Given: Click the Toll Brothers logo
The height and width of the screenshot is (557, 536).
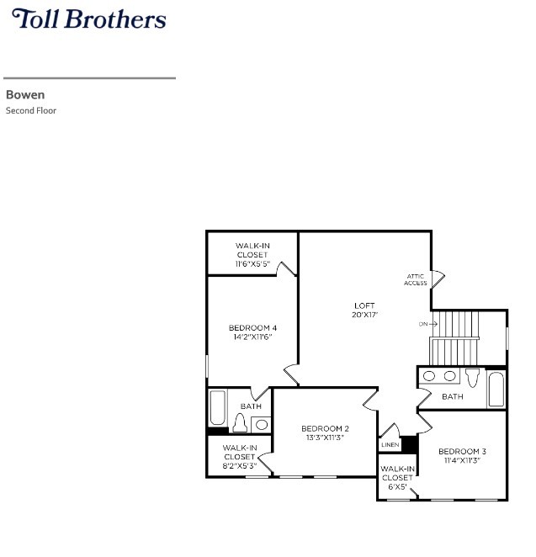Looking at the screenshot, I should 88,19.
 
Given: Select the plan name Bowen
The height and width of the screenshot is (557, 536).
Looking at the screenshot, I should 25,95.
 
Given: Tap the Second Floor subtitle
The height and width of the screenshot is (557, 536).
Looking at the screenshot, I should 31,110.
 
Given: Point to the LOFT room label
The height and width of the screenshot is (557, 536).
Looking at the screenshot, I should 364,305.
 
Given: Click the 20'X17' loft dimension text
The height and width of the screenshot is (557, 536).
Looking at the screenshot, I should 364,315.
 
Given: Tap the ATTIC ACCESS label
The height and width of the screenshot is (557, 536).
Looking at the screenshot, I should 416,279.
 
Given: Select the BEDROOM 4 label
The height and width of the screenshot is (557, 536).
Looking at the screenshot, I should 252,327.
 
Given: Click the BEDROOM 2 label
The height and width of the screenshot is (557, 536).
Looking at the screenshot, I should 325,428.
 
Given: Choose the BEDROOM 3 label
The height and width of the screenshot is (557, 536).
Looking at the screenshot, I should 462,451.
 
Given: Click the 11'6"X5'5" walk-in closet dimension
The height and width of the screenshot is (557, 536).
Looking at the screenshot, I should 252,264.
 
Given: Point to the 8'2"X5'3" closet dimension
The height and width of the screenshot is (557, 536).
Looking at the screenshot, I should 240,466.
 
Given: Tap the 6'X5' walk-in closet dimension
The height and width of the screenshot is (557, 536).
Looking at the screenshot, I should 397,486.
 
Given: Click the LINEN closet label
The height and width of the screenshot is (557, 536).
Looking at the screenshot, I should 390,444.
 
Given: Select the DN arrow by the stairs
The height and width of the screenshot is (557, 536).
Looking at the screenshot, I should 428,324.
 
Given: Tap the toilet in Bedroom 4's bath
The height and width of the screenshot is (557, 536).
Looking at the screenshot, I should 239,422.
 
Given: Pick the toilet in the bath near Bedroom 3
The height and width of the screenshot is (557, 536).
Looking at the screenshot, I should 472,378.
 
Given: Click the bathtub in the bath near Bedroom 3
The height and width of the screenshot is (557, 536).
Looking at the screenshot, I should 496,390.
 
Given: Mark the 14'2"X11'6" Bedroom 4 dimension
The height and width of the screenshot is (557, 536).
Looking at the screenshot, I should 252,337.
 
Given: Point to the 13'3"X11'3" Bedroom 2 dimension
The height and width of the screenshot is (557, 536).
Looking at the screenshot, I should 325,438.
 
